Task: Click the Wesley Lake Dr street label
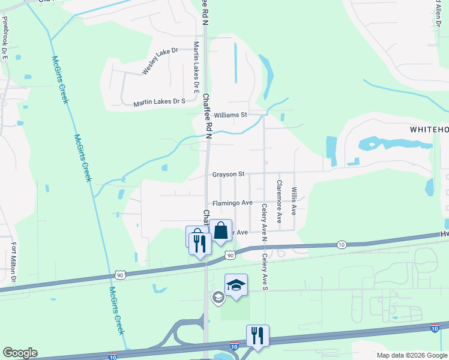[x=160, y=61]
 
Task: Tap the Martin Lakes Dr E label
[x=196, y=67]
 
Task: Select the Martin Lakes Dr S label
[x=159, y=102]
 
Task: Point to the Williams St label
[x=231, y=115]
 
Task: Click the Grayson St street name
[x=228, y=175]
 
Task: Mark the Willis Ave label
[x=294, y=201]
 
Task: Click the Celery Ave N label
[x=264, y=220]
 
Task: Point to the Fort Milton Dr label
[x=13, y=262]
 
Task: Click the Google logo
[x=20, y=353]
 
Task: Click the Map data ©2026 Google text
[x=412, y=355]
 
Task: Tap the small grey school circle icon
[x=218, y=296]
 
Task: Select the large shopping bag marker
[x=221, y=230]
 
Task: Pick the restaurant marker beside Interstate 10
[x=258, y=335]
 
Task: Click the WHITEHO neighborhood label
[x=429, y=130]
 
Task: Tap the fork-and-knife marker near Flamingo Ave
[x=200, y=243]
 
